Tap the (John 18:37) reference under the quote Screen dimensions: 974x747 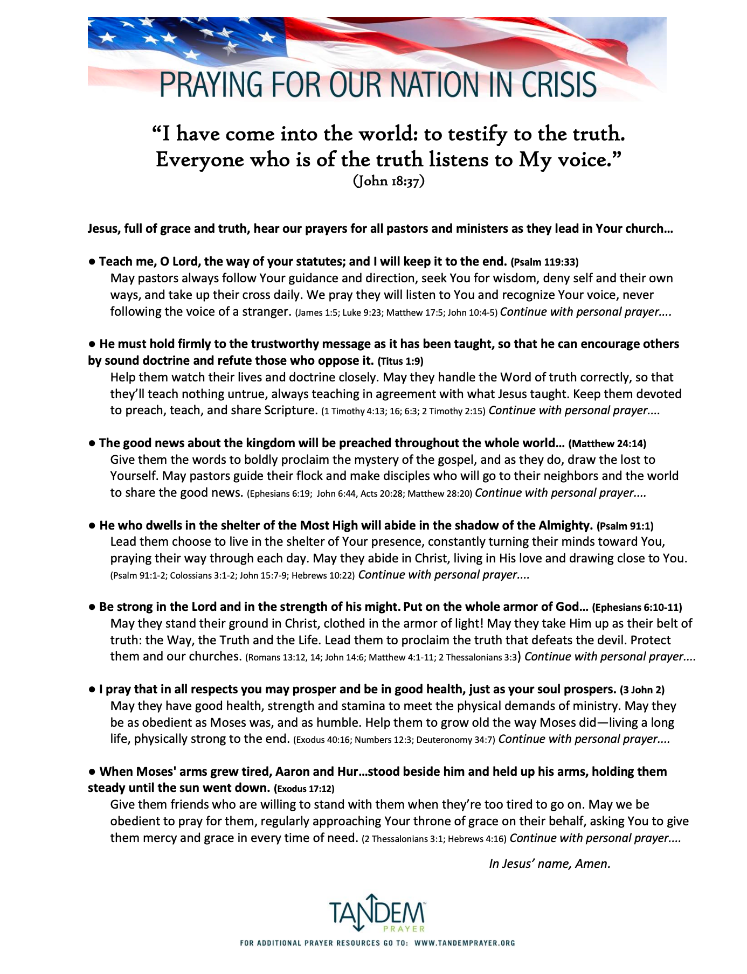click(x=389, y=181)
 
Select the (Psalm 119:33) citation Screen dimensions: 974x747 click(x=544, y=262)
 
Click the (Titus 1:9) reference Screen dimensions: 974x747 click(x=404, y=361)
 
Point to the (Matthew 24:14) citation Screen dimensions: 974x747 click(x=607, y=444)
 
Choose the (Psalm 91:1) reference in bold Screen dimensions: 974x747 click(x=625, y=526)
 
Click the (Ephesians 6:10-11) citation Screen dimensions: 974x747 click(x=637, y=608)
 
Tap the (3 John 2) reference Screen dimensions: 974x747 click(x=642, y=690)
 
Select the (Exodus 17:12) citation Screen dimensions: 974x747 click(x=304, y=789)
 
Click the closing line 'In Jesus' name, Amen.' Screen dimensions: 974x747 click(x=549, y=864)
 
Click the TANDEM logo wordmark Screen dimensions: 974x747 click(x=377, y=912)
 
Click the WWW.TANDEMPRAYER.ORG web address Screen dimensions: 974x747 click(x=465, y=943)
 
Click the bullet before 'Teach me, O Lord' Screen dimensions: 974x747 click(x=92, y=262)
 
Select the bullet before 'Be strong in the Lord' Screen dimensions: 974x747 click(x=92, y=607)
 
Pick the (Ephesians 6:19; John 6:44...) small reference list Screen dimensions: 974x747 click(x=359, y=493)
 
